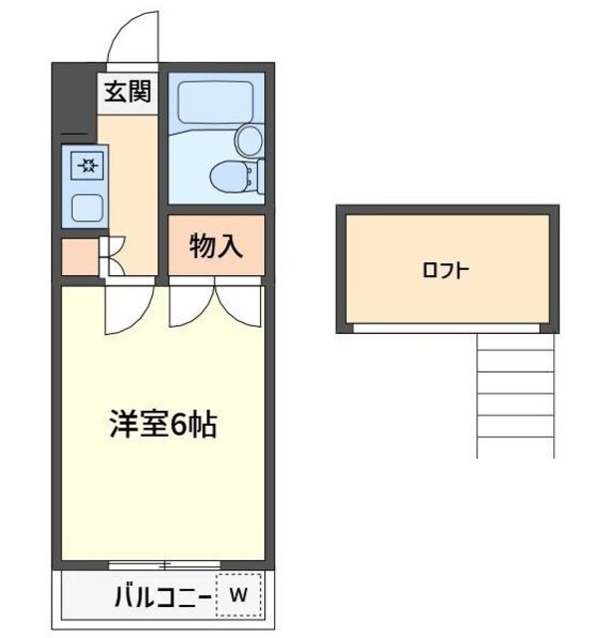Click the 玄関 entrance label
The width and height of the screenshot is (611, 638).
pyautogui.click(x=127, y=93)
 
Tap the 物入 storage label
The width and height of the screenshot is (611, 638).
pyautogui.click(x=215, y=245)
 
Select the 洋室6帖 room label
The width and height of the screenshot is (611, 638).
pyautogui.click(x=162, y=426)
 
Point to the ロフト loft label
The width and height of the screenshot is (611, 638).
pyautogui.click(x=446, y=269)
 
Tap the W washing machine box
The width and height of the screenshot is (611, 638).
pyautogui.click(x=239, y=596)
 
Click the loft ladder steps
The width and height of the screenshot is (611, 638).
pyautogui.click(x=514, y=395)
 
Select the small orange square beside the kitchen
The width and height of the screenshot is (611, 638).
pyautogui.click(x=80, y=256)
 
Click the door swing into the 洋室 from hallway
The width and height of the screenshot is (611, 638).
pyautogui.click(x=128, y=307)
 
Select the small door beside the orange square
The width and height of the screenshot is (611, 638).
pyautogui.click(x=112, y=255)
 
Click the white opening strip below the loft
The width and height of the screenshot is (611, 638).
pyautogui.click(x=446, y=327)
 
